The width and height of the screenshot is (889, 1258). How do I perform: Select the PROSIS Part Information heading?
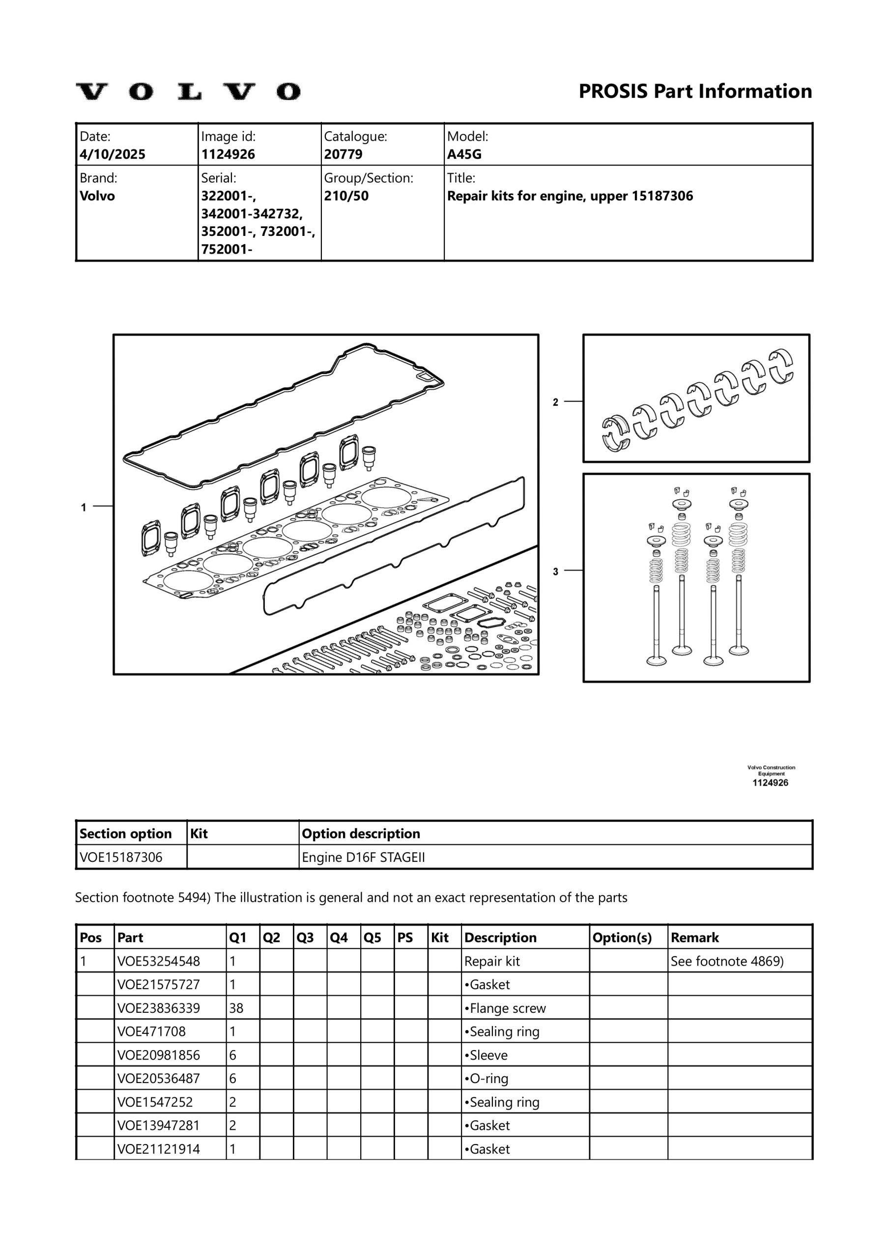click(695, 91)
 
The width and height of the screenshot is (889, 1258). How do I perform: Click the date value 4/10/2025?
click(113, 154)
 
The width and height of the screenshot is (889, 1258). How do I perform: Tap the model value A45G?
click(464, 154)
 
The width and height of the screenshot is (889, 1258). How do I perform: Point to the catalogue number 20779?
click(343, 154)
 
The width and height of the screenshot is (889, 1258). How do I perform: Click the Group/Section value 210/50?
click(346, 196)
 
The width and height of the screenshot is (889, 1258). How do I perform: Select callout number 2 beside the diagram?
click(555, 402)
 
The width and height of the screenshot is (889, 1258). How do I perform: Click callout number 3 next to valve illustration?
click(555, 572)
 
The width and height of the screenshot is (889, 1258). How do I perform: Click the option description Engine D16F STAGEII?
click(363, 858)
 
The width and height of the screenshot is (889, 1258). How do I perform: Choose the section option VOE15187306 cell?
click(121, 858)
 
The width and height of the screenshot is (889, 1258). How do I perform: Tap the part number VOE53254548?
click(158, 961)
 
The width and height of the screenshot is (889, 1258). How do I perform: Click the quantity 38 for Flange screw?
click(236, 1008)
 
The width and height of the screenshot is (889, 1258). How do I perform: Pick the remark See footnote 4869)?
click(727, 961)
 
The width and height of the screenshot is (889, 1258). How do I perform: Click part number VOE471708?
click(151, 1032)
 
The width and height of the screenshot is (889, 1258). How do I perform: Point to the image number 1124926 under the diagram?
click(770, 783)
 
